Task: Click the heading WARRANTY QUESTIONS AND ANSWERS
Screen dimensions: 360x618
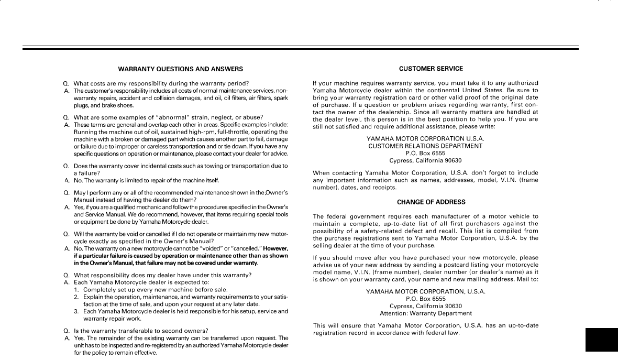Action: [180, 69]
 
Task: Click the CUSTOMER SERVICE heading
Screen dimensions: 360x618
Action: [431, 69]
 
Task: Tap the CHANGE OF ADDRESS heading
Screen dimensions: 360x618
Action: [431, 202]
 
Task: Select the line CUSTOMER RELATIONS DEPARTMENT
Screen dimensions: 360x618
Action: [425, 146]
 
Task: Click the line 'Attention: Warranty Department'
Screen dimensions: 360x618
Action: [425, 313]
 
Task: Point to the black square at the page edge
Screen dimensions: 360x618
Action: [601, 340]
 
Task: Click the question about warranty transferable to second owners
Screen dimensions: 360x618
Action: [141, 330]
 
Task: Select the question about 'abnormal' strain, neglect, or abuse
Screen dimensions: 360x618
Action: [168, 117]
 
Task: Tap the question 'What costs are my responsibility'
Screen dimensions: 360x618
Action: [161, 83]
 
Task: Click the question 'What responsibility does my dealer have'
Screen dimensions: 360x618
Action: [162, 275]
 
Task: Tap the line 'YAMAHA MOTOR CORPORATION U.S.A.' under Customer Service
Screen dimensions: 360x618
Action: [425, 138]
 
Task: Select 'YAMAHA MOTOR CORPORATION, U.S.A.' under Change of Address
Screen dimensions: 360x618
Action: [425, 291]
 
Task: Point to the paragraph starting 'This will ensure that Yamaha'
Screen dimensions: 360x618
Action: [425, 329]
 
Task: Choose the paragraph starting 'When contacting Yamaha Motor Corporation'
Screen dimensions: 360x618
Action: [425, 180]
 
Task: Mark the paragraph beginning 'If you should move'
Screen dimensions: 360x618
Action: [425, 268]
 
